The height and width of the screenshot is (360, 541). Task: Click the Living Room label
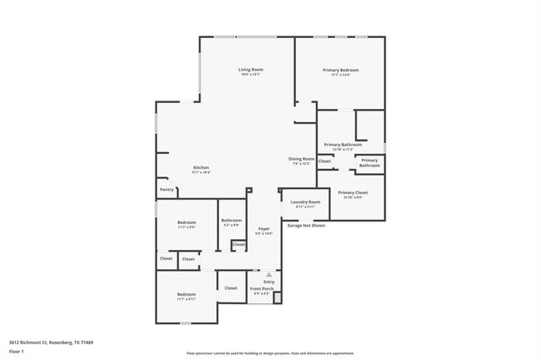click(250, 69)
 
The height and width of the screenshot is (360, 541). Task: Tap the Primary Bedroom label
click(341, 69)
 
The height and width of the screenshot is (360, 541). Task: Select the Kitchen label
click(200, 167)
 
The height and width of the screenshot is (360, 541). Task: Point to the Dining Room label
click(302, 159)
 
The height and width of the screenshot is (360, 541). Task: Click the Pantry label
click(167, 189)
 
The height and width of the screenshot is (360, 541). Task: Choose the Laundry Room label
click(305, 202)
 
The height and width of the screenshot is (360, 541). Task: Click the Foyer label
click(265, 229)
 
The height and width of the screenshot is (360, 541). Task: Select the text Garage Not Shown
click(306, 226)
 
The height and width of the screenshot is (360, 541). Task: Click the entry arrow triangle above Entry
click(269, 274)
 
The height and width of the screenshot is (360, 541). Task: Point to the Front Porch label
click(261, 289)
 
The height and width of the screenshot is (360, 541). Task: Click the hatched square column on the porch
click(277, 297)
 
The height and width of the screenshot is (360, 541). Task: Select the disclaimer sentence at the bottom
click(270, 353)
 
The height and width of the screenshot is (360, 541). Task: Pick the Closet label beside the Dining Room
click(325, 161)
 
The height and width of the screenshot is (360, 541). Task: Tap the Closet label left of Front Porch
click(231, 288)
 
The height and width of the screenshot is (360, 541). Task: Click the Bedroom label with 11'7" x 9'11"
click(186, 295)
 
